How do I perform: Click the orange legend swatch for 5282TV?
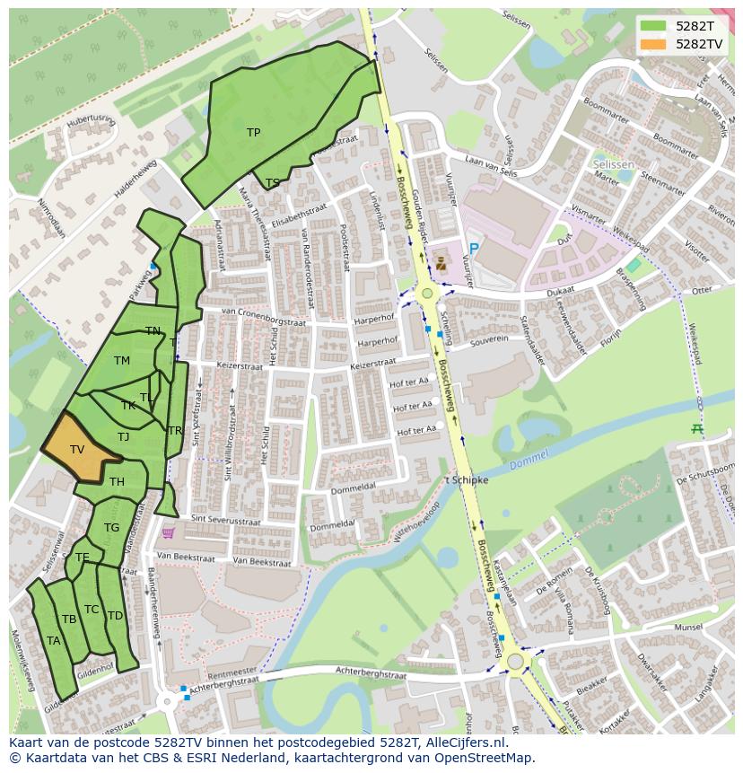[x=653, y=43]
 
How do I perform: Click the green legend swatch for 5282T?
[x=653, y=26]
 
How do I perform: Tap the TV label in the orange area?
[x=77, y=449]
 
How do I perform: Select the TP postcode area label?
[x=253, y=133]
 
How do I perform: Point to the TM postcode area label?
[x=122, y=361]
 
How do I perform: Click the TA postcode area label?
[x=53, y=640]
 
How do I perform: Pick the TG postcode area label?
[x=111, y=528]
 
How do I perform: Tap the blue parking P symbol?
[x=474, y=249]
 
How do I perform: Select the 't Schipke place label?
[x=466, y=480]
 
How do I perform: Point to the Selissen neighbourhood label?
[x=613, y=165]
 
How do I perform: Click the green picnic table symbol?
[x=697, y=429]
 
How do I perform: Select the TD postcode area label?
[x=115, y=616]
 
